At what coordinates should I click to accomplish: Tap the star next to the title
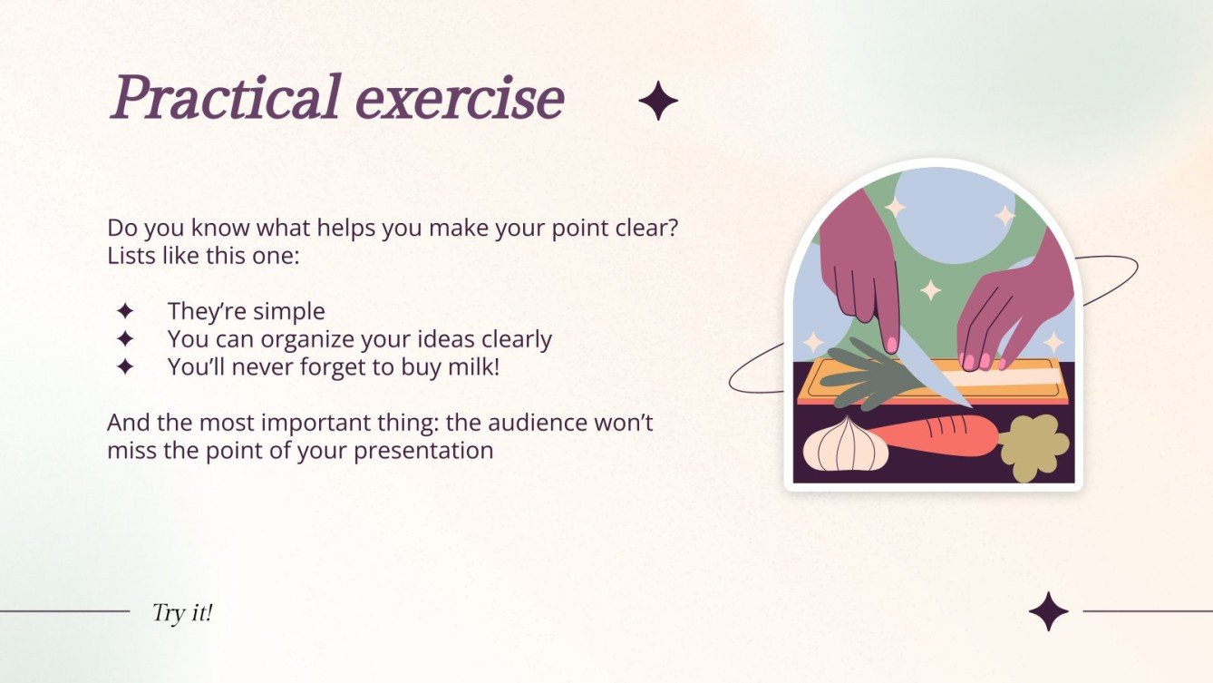[658, 101]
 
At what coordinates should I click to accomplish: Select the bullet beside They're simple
[125, 311]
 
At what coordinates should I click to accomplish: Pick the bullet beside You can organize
[125, 339]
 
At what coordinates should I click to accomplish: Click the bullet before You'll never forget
[125, 367]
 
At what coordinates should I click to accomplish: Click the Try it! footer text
[182, 612]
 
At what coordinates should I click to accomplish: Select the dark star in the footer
[1048, 611]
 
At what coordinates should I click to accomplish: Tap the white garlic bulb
[845, 444]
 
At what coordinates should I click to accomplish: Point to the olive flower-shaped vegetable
[1033, 446]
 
